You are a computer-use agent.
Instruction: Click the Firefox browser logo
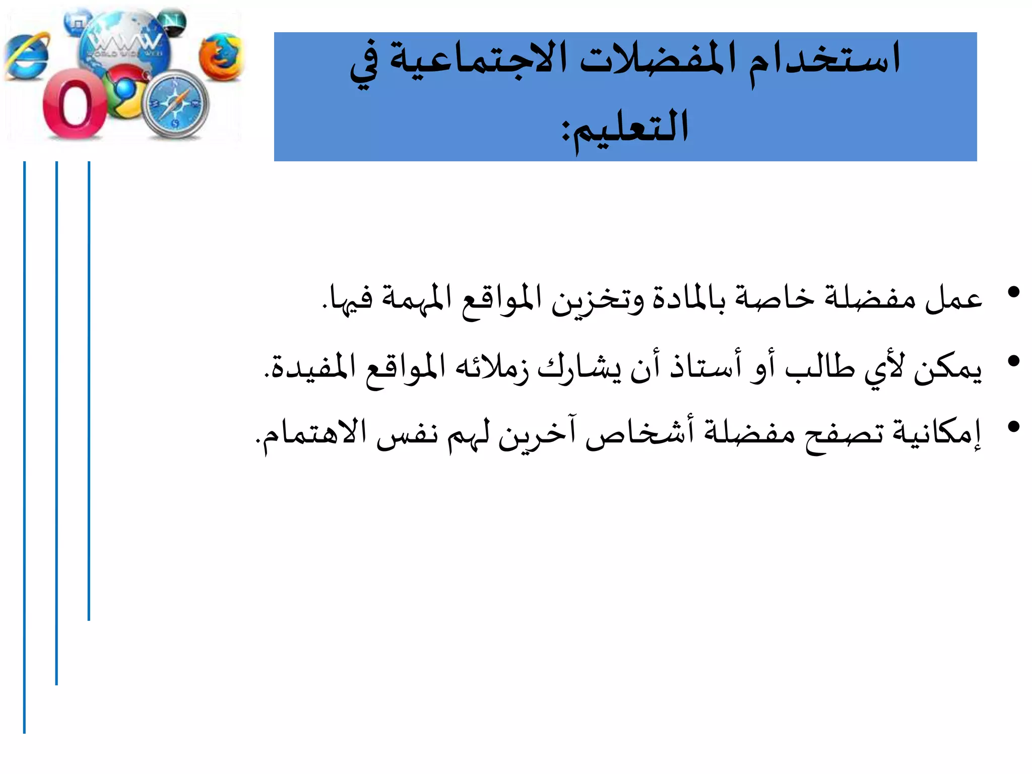tap(221, 56)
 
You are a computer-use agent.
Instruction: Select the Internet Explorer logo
tap(28, 56)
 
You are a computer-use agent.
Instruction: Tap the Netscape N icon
tap(173, 22)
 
